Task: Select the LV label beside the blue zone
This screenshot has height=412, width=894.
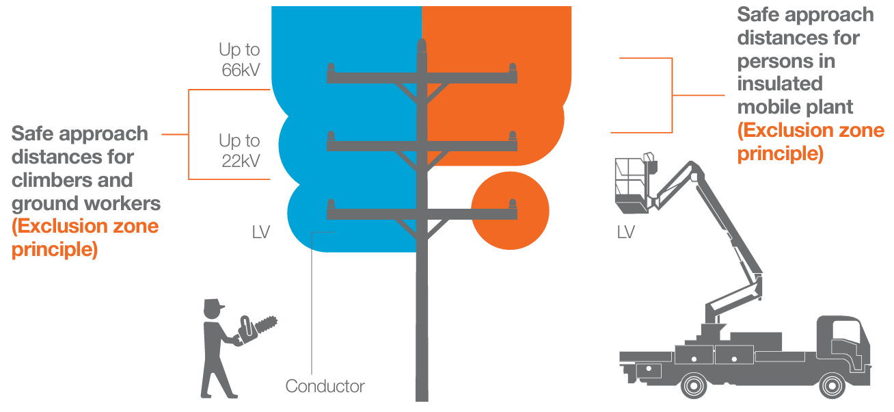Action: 261,233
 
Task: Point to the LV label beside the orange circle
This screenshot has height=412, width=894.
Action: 626,233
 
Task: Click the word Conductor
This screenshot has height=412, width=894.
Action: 325,387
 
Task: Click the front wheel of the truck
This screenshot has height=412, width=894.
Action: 833,385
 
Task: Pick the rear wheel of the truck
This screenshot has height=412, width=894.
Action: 694,385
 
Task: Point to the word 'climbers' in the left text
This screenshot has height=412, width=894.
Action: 50,181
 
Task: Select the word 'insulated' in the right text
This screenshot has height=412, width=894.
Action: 779,83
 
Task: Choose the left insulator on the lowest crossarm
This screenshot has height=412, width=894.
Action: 331,205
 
